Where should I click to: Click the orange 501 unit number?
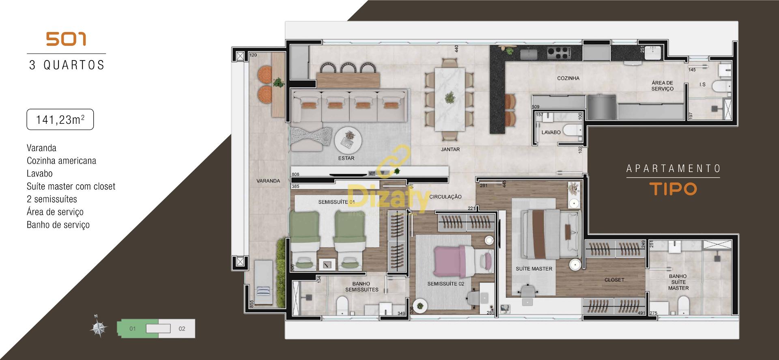66,39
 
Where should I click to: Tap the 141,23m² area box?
60,120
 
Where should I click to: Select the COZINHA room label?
568,78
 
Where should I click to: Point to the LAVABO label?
551,132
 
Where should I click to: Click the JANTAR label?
450,149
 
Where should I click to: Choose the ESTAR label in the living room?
346,158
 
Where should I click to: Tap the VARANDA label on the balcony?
268,181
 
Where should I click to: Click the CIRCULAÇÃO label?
445,197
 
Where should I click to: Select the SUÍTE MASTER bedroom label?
534,269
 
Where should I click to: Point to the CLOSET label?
614,280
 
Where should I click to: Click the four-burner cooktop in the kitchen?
558,52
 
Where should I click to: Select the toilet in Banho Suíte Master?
684,304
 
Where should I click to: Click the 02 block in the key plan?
182,329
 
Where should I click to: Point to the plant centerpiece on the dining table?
450,98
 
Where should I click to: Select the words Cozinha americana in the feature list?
61,161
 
